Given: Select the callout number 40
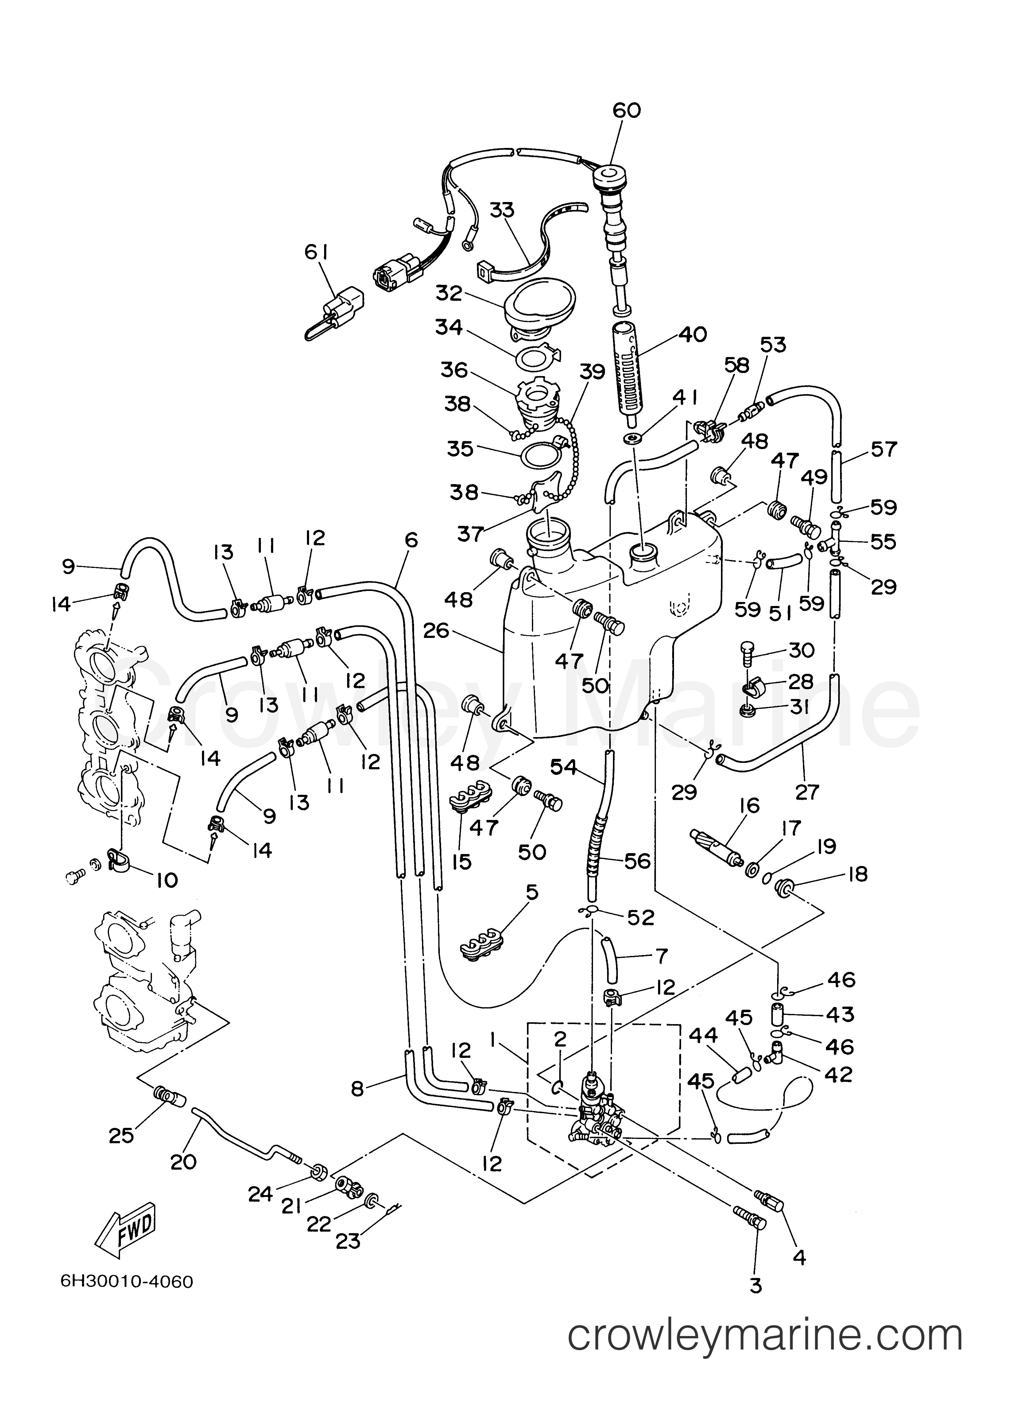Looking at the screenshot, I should [692, 334].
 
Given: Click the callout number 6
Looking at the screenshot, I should [411, 540].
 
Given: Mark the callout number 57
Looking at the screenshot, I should [883, 449].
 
